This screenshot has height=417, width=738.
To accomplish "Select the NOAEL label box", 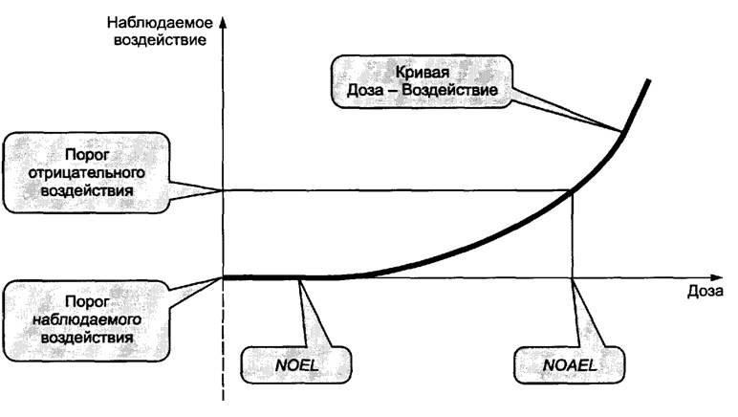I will click(571, 364).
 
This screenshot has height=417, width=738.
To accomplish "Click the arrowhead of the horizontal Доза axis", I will click(669, 277).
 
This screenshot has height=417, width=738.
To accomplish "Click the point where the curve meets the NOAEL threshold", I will click(573, 190).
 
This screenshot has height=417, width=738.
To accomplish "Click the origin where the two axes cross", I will click(224, 277).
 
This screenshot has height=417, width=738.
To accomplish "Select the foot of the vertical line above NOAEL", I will click(573, 277).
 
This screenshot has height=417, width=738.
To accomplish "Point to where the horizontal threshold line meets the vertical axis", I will click(224, 190).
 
